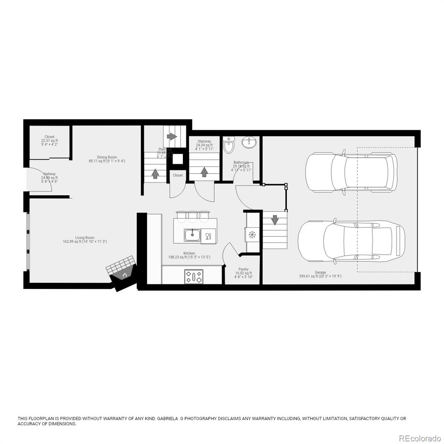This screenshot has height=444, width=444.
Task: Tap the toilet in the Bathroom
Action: tap(229, 145)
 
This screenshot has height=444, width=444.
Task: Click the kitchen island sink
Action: tap(192, 235)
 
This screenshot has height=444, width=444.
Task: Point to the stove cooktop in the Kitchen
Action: tap(194, 276)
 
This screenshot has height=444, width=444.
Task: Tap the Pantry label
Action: tap(243, 269)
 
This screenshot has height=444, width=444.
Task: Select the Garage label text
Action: tap(320, 272)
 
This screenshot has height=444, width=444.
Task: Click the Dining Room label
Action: tap(107, 157)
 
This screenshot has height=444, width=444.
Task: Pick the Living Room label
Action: tap(85, 238)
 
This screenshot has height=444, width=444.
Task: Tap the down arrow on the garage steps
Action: tap(275, 220)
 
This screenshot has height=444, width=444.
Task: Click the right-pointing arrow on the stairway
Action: tap(172, 136)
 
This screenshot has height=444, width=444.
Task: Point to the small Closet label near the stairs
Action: tap(178, 175)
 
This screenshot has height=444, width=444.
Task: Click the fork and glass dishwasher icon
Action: tap(208, 236)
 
